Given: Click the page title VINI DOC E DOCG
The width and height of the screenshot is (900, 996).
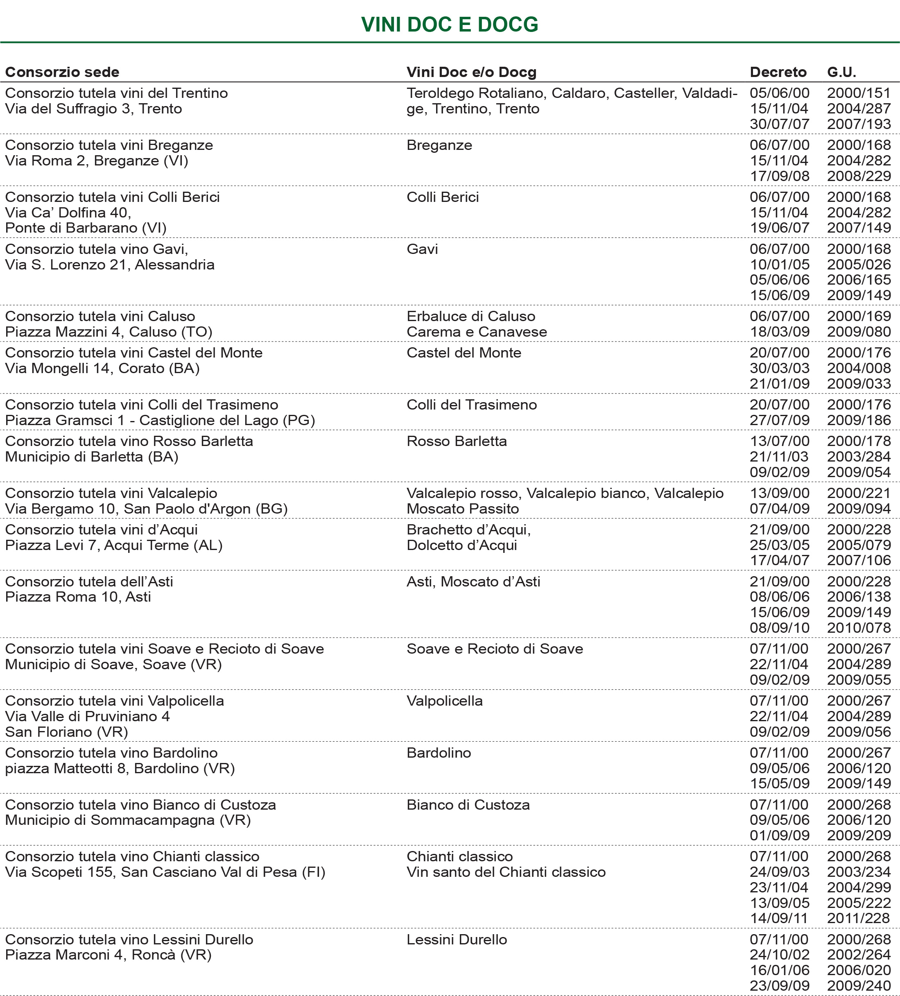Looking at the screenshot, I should pyautogui.click(x=450, y=25).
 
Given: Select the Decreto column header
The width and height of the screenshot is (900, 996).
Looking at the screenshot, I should pyautogui.click(x=778, y=72).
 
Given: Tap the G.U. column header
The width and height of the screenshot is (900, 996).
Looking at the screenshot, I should pyautogui.click(x=842, y=72).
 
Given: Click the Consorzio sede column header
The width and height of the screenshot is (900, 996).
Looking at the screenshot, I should pyautogui.click(x=62, y=72).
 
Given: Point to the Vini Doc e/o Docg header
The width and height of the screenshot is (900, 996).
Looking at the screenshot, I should pyautogui.click(x=471, y=72).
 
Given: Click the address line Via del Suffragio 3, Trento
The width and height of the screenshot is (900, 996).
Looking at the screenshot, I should pyautogui.click(x=93, y=109).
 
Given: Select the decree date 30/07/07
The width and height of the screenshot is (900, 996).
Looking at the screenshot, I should pyautogui.click(x=780, y=124).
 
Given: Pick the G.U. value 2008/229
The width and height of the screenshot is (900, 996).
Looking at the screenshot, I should pyautogui.click(x=859, y=176).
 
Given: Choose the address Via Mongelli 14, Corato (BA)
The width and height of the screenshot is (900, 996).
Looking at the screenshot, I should pyautogui.click(x=102, y=368).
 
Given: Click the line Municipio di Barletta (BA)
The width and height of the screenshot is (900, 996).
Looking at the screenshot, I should pyautogui.click(x=91, y=457).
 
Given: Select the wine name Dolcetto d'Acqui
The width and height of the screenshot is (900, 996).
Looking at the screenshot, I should pyautogui.click(x=462, y=545).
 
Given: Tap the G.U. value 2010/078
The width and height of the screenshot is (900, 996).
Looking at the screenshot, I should pyautogui.click(x=859, y=627).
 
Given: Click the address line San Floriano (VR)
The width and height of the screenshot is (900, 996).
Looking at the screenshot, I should pyautogui.click(x=67, y=732).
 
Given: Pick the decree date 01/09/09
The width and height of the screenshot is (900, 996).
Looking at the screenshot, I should pyautogui.click(x=780, y=835).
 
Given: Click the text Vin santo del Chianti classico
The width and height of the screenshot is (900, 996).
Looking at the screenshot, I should pyautogui.click(x=506, y=871).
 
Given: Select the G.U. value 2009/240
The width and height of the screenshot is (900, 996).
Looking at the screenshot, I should pyautogui.click(x=859, y=986).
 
